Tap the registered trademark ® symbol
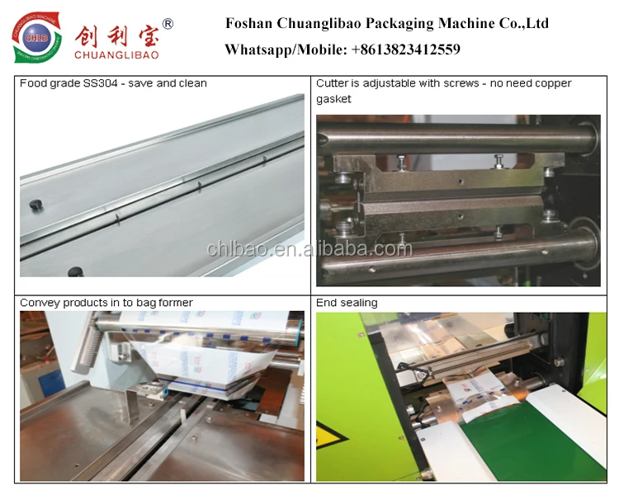point(168,25)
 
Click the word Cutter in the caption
point(333,83)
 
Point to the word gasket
point(333,99)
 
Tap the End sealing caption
point(347,303)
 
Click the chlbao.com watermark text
point(309,248)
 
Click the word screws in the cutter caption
point(462,83)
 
